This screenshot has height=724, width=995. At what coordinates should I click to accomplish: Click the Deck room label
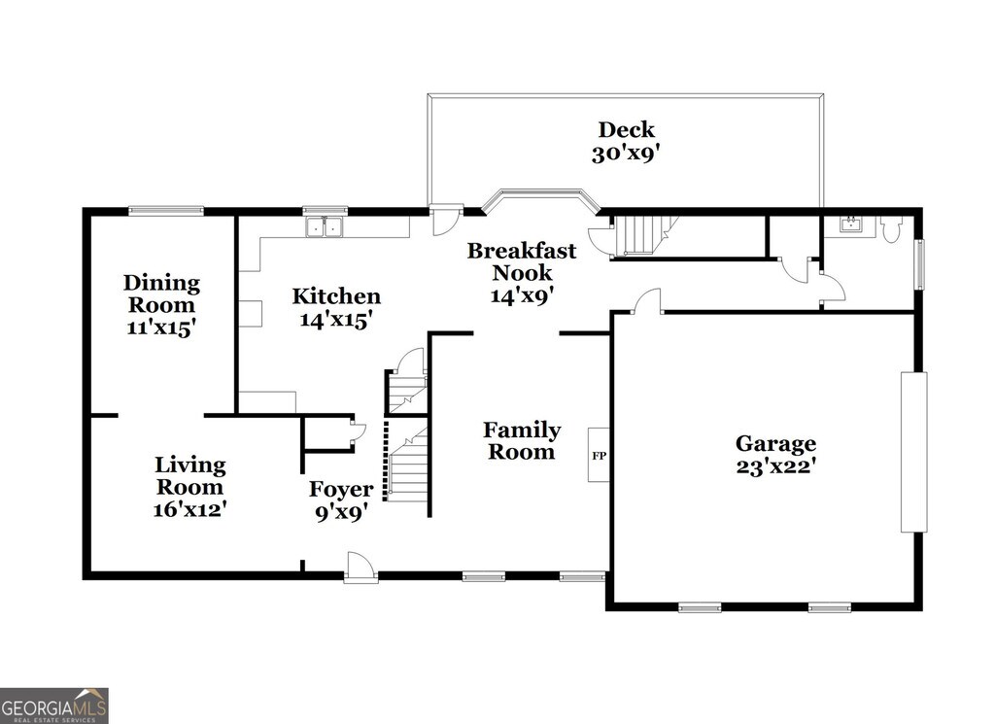(x=626, y=129)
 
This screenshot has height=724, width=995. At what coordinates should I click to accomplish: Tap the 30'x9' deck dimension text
(x=627, y=154)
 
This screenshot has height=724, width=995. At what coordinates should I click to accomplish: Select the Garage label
(x=775, y=443)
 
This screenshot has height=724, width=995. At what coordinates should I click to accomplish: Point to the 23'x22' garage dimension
(x=775, y=466)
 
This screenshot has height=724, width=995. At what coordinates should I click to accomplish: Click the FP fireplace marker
(x=599, y=456)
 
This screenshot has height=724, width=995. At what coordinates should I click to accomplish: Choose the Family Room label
(x=522, y=441)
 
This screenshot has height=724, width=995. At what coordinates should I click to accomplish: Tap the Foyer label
(x=341, y=489)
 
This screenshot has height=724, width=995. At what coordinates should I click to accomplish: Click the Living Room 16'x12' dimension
(x=190, y=509)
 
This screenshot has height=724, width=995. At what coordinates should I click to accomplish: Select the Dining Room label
(x=161, y=293)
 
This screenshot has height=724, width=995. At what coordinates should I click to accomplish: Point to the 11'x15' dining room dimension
(x=161, y=328)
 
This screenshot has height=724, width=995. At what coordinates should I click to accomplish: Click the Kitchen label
(x=336, y=295)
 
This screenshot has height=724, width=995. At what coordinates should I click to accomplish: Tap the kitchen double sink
(x=325, y=226)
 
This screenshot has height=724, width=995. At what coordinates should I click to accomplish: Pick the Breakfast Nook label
(x=522, y=261)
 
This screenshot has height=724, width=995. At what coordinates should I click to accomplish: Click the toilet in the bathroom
(x=891, y=229)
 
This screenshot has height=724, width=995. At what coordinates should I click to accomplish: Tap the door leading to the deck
(x=445, y=219)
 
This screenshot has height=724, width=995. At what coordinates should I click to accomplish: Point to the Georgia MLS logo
(x=54, y=706)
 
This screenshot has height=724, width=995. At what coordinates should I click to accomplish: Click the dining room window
(x=166, y=211)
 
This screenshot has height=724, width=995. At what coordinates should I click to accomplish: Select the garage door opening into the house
(x=647, y=300)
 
